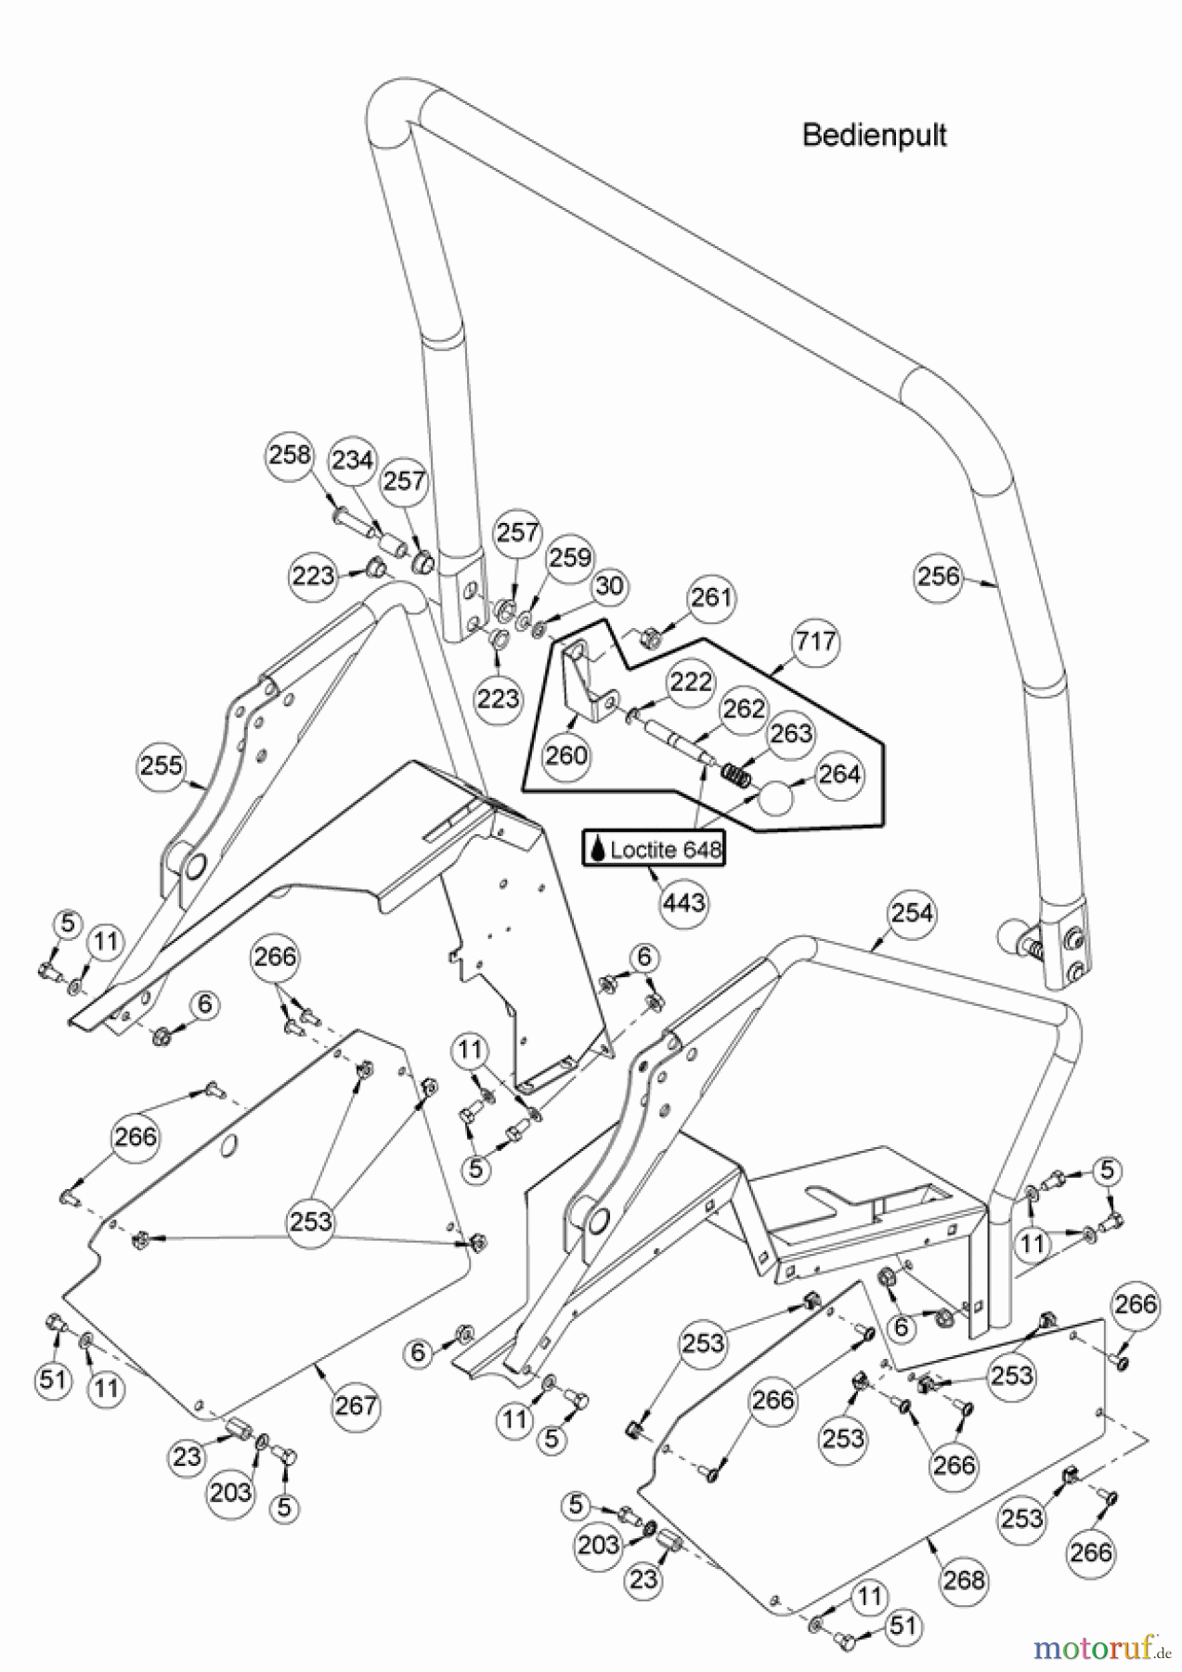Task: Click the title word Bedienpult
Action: pyautogui.click(x=874, y=136)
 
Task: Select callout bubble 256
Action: pyautogui.click(x=939, y=576)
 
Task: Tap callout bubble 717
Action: pyautogui.click(x=814, y=642)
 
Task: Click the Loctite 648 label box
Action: pyautogui.click(x=653, y=849)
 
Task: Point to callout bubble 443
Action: pyautogui.click(x=684, y=901)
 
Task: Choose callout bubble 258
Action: pyautogui.click(x=291, y=456)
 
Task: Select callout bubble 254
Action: pyautogui.click(x=912, y=913)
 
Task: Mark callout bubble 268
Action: pyautogui.click(x=963, y=1578)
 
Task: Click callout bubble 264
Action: pyautogui.click(x=840, y=774)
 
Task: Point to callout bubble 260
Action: pyautogui.click(x=566, y=754)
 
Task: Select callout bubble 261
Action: pyautogui.click(x=712, y=597)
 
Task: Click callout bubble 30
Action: pyautogui.click(x=609, y=587)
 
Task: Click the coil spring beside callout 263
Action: pyautogui.click(x=735, y=773)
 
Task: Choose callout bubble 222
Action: pyautogui.click(x=691, y=682)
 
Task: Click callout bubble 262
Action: pyautogui.click(x=744, y=709)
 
